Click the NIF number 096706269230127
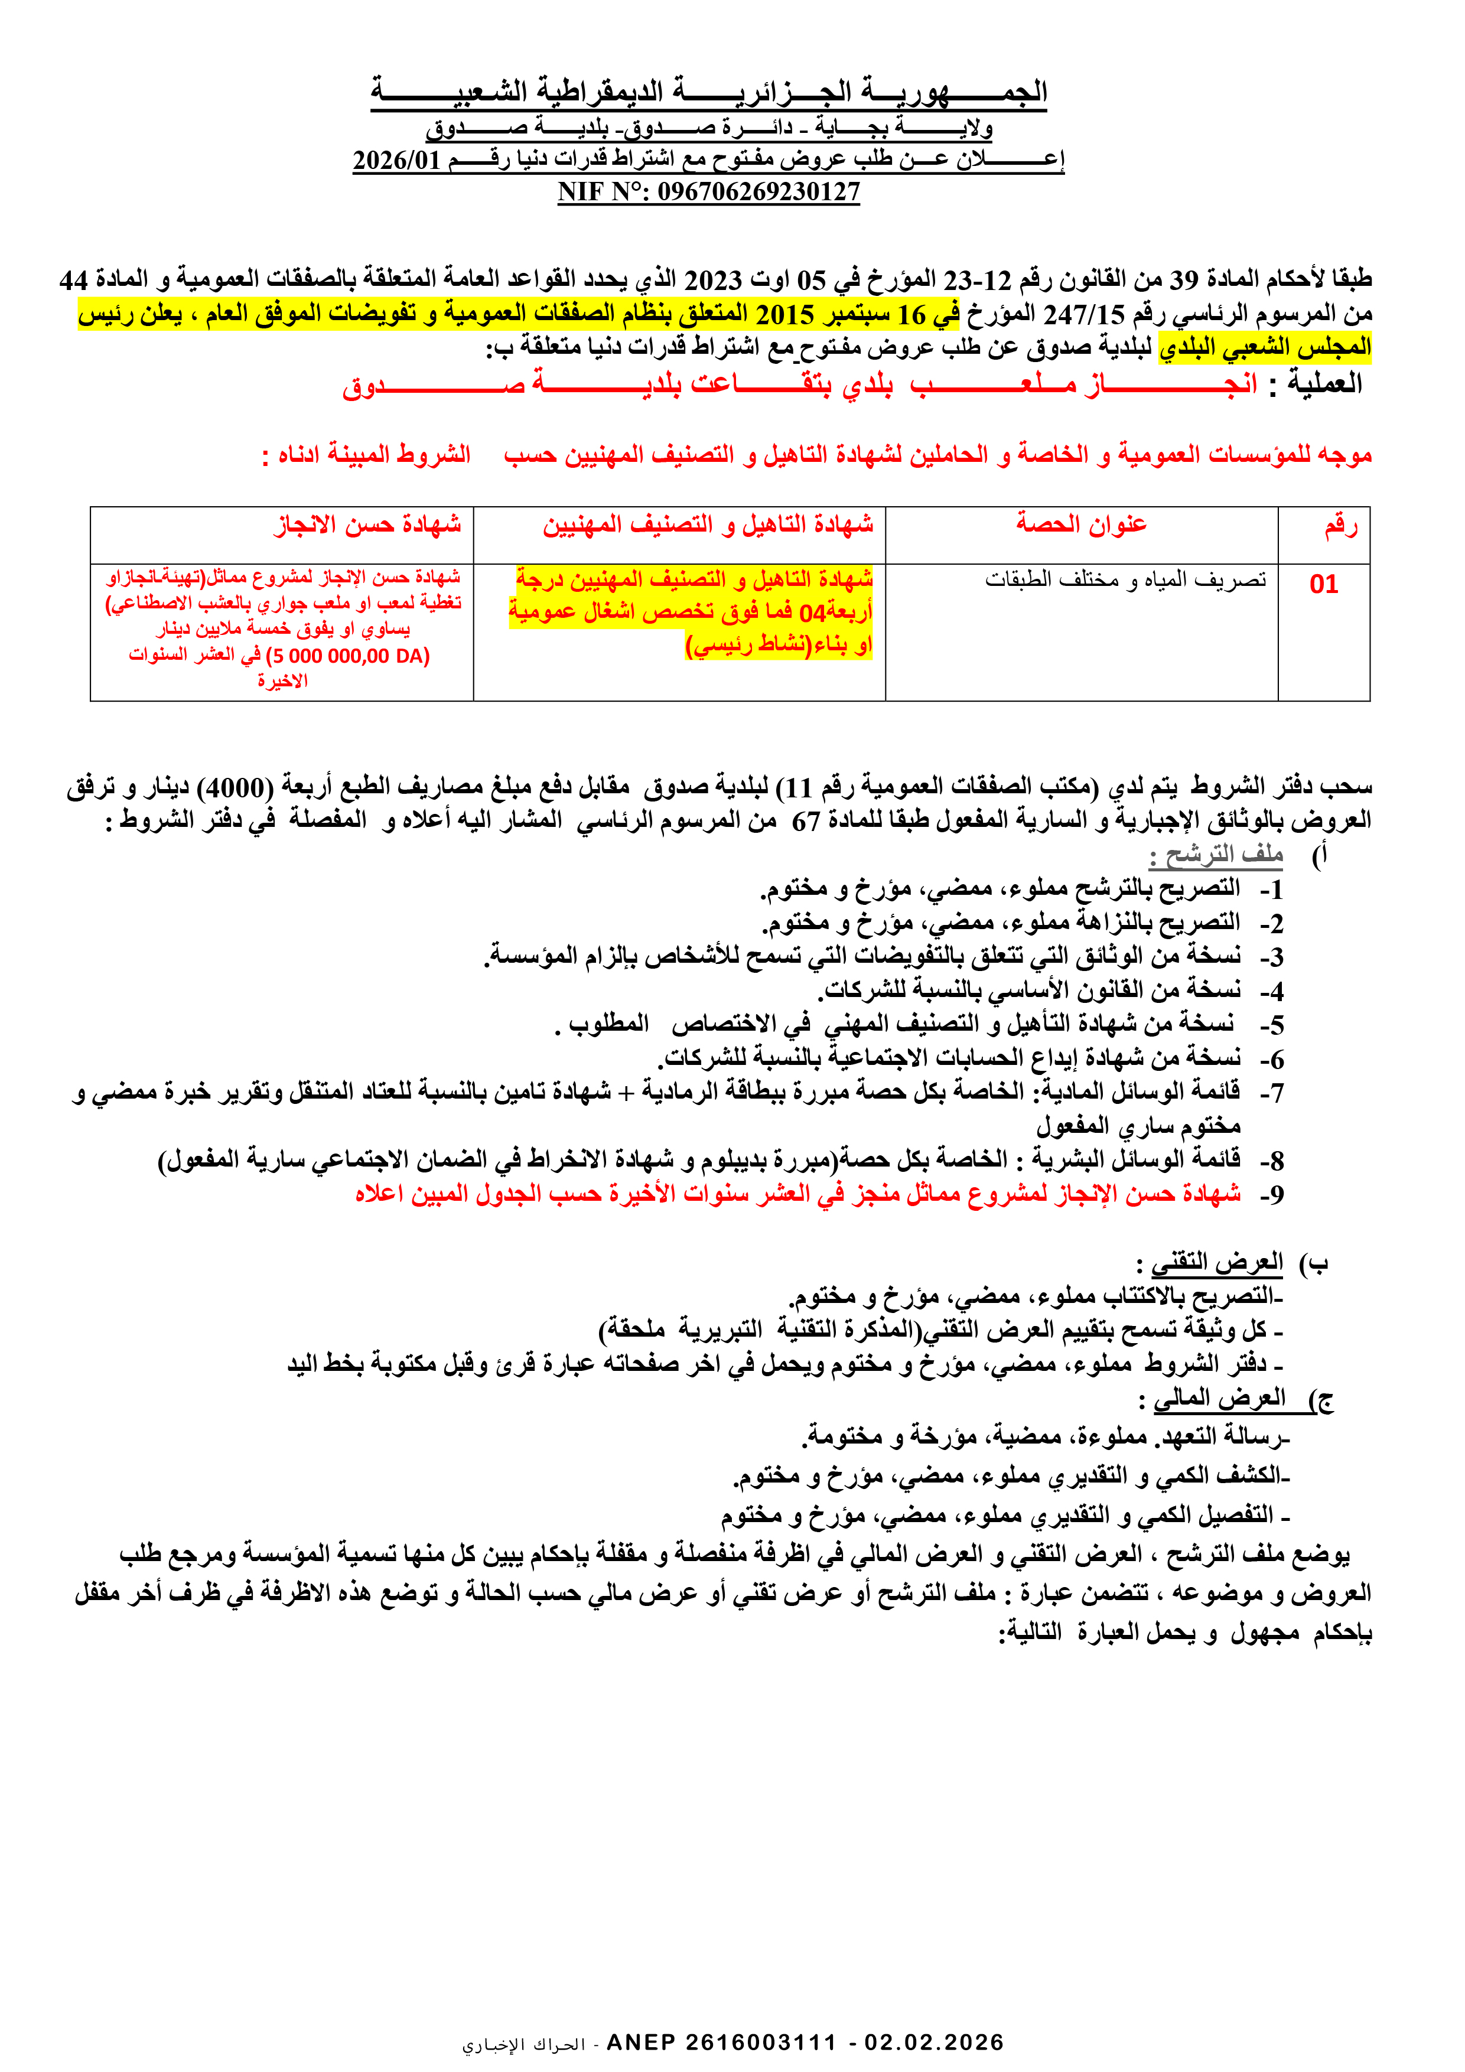point(758,191)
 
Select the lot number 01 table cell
point(1323,584)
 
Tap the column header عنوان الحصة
point(1082,523)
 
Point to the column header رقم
point(1340,525)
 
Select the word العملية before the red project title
point(1324,383)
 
